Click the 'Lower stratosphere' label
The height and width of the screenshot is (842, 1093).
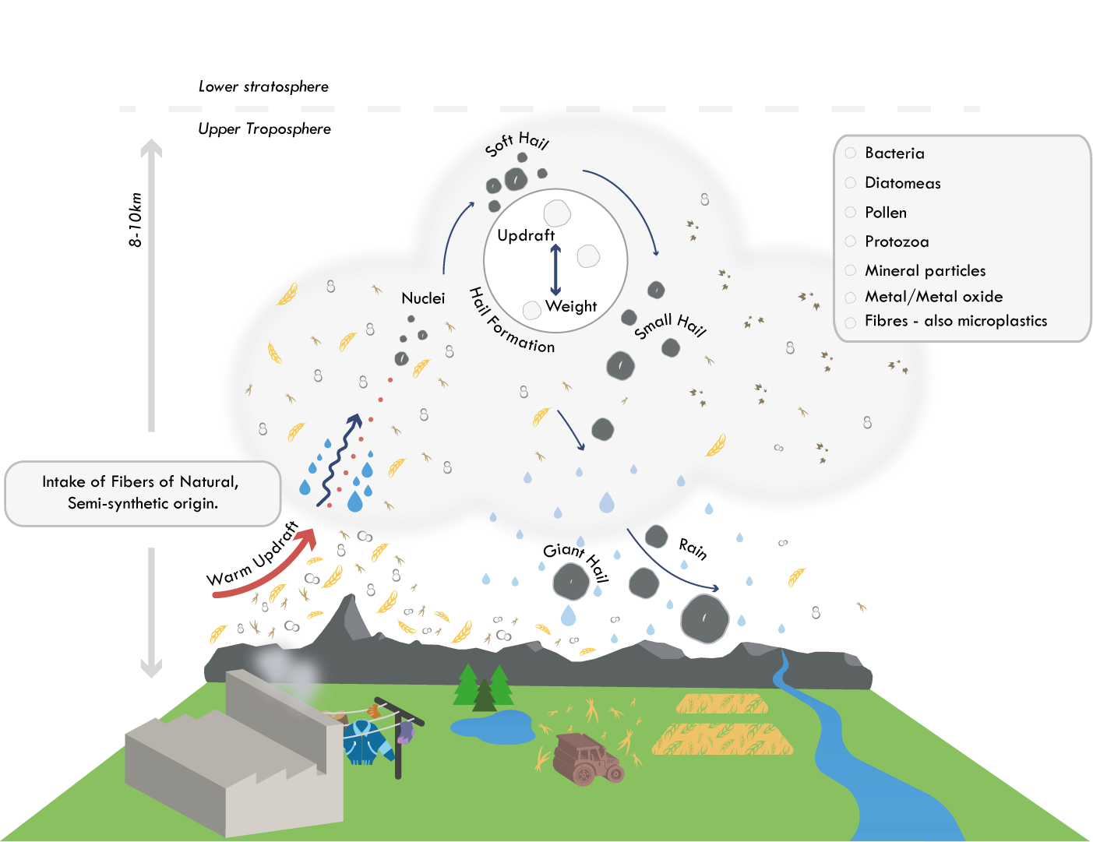click(263, 86)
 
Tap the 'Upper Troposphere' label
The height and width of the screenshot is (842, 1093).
click(264, 129)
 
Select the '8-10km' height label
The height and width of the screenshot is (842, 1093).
click(136, 220)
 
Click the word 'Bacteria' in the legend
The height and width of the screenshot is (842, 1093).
click(894, 153)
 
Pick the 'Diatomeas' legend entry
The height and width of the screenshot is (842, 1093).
click(902, 183)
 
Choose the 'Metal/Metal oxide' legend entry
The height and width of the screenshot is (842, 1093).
click(933, 297)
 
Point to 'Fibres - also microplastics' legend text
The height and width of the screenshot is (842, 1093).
click(955, 321)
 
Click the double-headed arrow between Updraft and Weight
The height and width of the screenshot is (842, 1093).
click(555, 270)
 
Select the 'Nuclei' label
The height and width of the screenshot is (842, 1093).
click(423, 298)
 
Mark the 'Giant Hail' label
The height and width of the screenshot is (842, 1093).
click(576, 559)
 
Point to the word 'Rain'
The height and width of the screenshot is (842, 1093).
click(692, 549)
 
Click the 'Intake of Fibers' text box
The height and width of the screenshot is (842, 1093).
click(143, 493)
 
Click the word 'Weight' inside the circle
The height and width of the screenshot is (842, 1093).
click(571, 306)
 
